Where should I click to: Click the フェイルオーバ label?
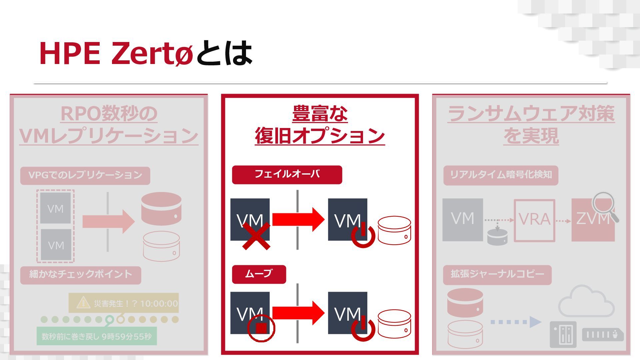[287, 174]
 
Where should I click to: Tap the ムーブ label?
[259, 274]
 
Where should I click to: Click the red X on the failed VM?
[256, 236]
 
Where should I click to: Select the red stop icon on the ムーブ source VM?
[261, 328]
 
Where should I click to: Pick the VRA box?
[534, 220]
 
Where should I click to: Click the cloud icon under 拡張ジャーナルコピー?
[586, 302]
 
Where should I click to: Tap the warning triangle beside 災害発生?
[83, 303]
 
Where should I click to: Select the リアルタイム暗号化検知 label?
[501, 175]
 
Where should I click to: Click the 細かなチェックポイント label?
[81, 275]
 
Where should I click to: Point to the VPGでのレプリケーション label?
[85, 175]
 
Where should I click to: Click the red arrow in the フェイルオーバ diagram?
[298, 219]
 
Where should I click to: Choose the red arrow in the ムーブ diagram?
[298, 313]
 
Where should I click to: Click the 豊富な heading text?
[320, 114]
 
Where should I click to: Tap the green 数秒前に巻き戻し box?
[96, 336]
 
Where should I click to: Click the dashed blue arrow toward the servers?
[515, 322]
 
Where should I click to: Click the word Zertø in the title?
[152, 53]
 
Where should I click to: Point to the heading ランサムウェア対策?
[531, 114]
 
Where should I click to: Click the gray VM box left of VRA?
[462, 220]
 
